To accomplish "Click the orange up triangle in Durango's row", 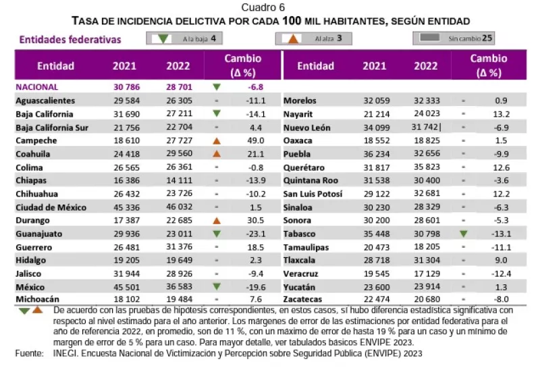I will point(216,220).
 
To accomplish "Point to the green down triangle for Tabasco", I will point(463,233).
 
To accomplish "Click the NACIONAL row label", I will point(37,87).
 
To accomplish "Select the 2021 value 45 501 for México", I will point(124,286).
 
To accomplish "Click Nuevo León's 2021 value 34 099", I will point(375,127).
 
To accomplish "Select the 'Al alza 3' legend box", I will point(314,39).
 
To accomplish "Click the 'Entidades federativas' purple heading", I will point(70,40).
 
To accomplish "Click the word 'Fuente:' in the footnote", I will point(28,353).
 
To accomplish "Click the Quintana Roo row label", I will point(311,180).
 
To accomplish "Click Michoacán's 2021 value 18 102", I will point(124,299).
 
